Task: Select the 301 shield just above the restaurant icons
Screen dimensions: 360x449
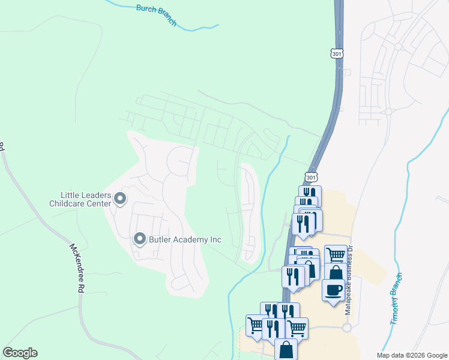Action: click(x=310, y=178)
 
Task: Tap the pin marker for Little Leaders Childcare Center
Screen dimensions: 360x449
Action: click(x=119, y=199)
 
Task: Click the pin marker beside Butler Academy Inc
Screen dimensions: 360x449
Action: click(x=140, y=239)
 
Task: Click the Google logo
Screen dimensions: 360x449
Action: click(x=20, y=353)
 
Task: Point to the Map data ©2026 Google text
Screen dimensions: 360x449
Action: click(x=412, y=355)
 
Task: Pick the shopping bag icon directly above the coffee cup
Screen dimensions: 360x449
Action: click(x=336, y=273)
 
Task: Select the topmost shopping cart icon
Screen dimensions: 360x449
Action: click(x=336, y=254)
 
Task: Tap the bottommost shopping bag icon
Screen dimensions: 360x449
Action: click(x=286, y=349)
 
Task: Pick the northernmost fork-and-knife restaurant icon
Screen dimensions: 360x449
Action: click(x=310, y=194)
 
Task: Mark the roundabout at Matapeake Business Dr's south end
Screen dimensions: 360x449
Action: click(x=346, y=328)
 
